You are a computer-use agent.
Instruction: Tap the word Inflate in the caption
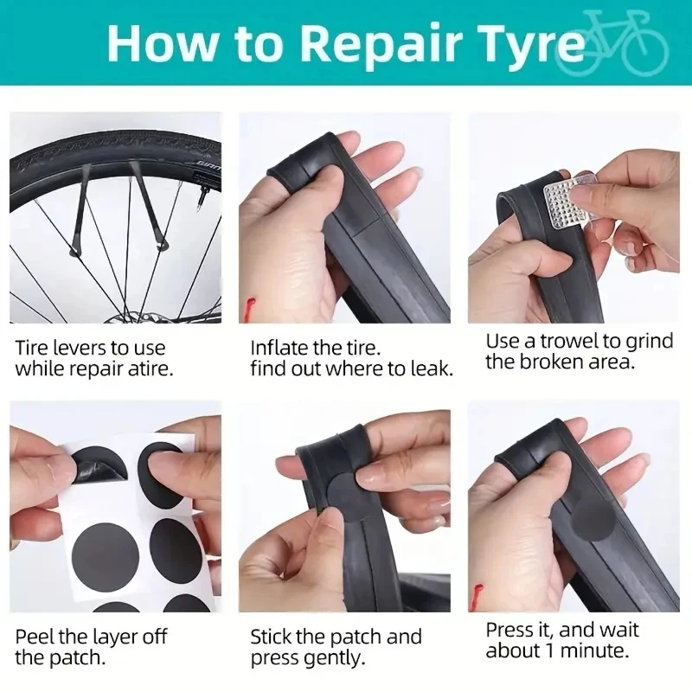[x=279, y=348]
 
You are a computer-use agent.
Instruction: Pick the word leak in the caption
[x=432, y=369]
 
